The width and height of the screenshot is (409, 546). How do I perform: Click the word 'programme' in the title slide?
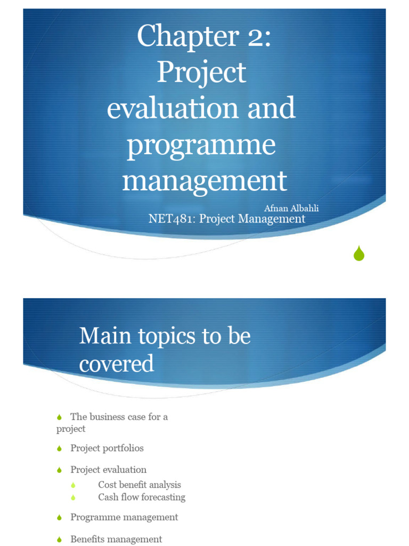tap(201, 144)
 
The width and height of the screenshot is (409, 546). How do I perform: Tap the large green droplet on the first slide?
tap(359, 254)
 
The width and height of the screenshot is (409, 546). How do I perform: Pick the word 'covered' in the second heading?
tap(117, 364)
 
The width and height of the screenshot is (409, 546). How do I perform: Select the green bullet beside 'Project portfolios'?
tap(60, 449)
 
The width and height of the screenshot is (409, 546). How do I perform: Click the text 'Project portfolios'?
tap(107, 448)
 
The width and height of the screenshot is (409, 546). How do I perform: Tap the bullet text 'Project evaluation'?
tap(108, 470)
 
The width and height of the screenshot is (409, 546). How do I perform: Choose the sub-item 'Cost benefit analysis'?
tap(140, 485)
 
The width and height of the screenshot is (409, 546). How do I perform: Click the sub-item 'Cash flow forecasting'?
tap(142, 497)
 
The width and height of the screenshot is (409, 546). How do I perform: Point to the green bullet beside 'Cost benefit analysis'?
tap(73, 485)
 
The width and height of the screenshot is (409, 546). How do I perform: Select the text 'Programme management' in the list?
tap(124, 517)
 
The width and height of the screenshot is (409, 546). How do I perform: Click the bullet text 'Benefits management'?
tap(116, 539)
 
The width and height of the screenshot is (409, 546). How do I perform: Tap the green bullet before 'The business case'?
tap(60, 417)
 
